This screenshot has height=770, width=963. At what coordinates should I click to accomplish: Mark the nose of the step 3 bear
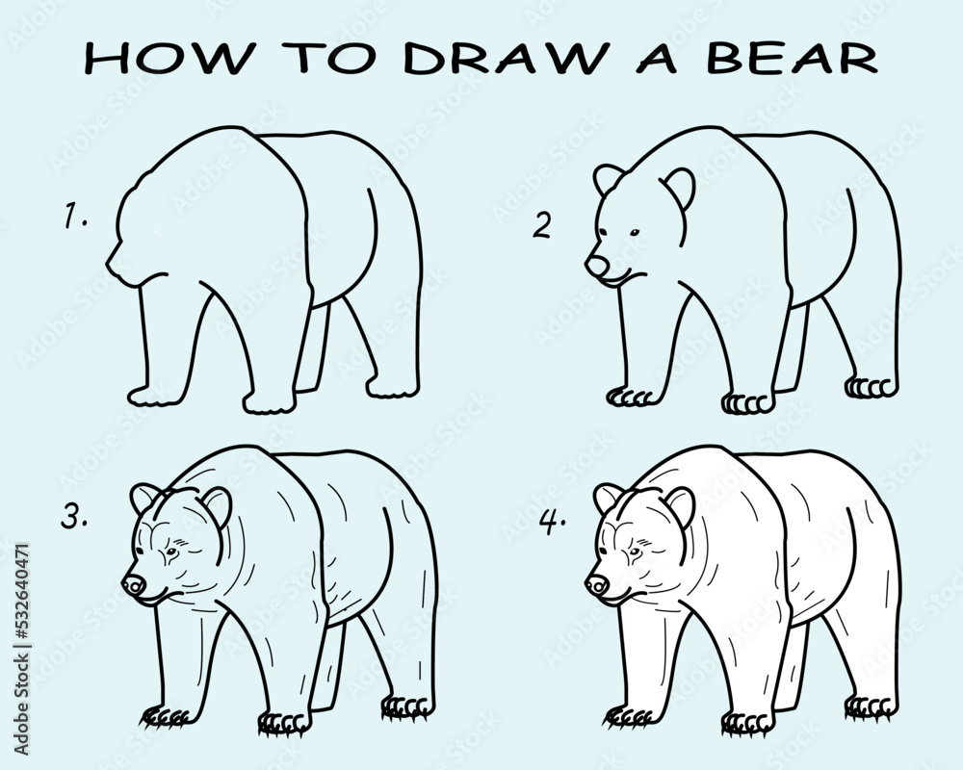coord(133,583)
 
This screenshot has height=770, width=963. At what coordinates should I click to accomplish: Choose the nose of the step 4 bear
coord(597,583)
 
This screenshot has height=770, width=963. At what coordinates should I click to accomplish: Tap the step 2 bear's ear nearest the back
coord(681,187)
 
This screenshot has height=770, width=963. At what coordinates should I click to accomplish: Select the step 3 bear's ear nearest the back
coord(218,504)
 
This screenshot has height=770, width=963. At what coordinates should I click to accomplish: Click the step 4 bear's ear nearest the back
coord(681,504)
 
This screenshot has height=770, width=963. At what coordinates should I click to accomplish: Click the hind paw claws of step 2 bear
coord(870,387)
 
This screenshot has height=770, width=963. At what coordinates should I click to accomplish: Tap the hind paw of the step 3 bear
coord(406,708)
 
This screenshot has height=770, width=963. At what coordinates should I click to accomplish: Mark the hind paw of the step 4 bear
coord(871,708)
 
